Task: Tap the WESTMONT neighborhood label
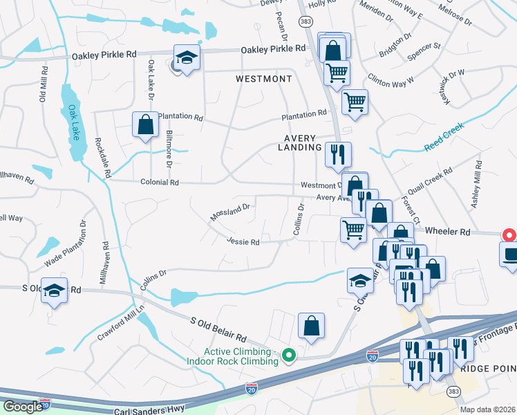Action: point(263,79)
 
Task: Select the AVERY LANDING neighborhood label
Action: point(300,142)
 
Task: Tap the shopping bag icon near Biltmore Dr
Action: point(146,126)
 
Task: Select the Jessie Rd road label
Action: point(243,242)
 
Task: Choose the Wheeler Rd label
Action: point(447,232)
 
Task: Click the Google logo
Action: point(23,406)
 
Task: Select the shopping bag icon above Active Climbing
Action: point(311,326)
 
